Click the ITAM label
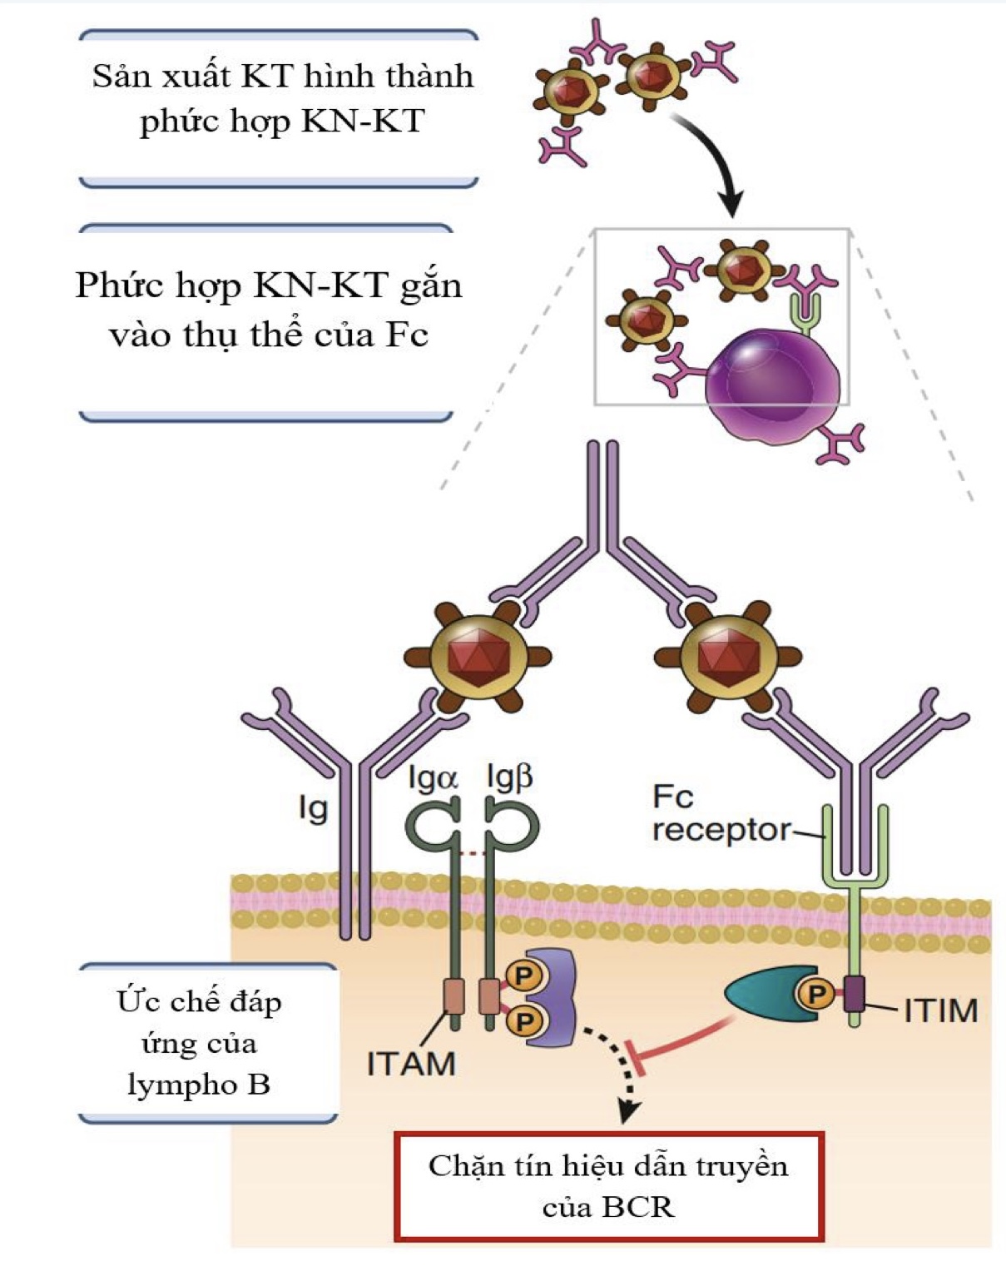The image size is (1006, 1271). coord(411,1064)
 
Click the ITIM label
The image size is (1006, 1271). coord(940,1010)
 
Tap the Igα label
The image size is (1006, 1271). coord(433,778)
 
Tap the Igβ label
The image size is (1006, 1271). coord(509,778)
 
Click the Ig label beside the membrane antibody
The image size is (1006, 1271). coord(314,808)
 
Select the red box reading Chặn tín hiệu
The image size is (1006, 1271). coord(609,1185)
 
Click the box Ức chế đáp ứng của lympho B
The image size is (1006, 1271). coord(200,1043)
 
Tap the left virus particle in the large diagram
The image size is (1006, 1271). coord(478,657)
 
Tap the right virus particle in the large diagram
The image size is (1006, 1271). coord(727,657)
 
